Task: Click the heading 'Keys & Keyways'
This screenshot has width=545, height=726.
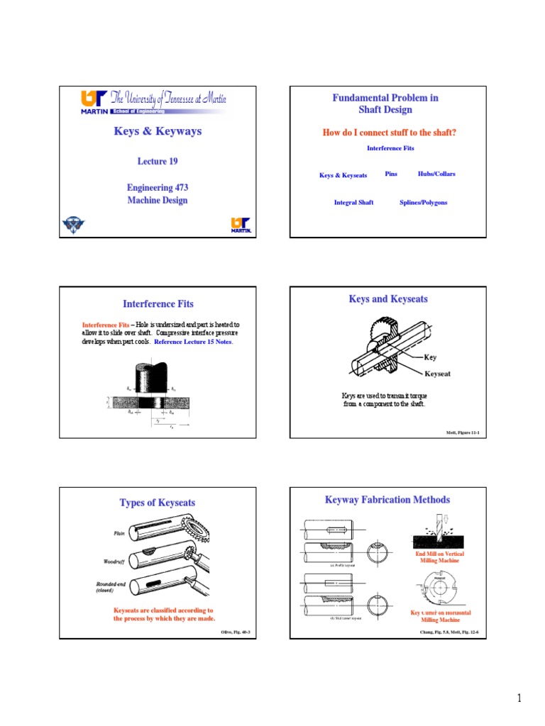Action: pyautogui.click(x=158, y=131)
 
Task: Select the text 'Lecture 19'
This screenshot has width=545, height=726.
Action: pyautogui.click(x=158, y=162)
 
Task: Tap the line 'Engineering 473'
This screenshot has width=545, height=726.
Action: pyautogui.click(x=158, y=188)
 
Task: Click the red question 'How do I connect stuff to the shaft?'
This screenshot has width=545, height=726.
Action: pyautogui.click(x=390, y=133)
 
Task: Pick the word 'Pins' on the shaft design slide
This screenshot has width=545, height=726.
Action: pyautogui.click(x=391, y=174)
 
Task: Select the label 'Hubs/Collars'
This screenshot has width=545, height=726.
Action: pyautogui.click(x=436, y=174)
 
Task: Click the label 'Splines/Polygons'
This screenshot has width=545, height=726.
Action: pyautogui.click(x=424, y=202)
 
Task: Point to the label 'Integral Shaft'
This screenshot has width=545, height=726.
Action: pyautogui.click(x=353, y=202)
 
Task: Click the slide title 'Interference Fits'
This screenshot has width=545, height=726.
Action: pyautogui.click(x=158, y=304)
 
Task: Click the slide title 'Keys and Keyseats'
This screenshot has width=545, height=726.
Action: pyautogui.click(x=388, y=299)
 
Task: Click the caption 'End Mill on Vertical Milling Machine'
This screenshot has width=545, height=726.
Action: pyautogui.click(x=440, y=557)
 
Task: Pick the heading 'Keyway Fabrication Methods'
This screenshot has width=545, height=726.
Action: pyautogui.click(x=387, y=500)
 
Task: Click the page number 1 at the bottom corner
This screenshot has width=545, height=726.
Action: pyautogui.click(x=519, y=699)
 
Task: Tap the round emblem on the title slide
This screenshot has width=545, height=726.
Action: pyautogui.click(x=72, y=225)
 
